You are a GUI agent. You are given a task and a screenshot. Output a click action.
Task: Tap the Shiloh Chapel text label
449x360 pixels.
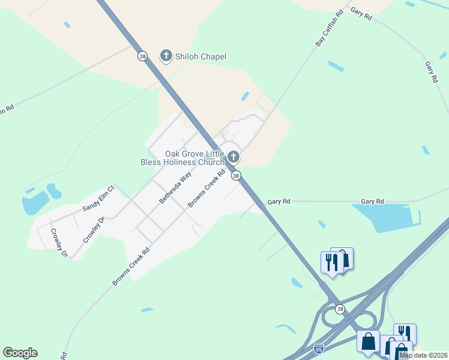pyautogui.click(x=200, y=56)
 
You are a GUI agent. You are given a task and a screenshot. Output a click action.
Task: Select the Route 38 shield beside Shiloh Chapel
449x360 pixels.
pyautogui.click(x=142, y=56)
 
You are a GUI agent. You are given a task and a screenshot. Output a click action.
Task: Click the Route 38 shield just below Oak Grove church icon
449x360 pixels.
pyautogui.click(x=237, y=175)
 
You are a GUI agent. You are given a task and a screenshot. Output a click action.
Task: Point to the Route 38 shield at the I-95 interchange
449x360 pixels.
pyautogui.click(x=340, y=308)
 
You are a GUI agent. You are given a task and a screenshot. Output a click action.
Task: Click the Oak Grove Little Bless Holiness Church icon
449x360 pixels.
pyautogui.click(x=234, y=157)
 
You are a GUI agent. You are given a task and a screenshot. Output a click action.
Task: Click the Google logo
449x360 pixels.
pyautogui.click(x=20, y=353)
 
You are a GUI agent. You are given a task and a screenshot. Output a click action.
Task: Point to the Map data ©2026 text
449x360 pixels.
pyautogui.click(x=423, y=355)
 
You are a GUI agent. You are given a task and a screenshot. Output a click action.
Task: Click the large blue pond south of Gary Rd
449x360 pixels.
pyautogui.click(x=384, y=217)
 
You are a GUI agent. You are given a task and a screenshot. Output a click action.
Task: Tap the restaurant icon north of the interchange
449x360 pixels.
pyautogui.click(x=330, y=262)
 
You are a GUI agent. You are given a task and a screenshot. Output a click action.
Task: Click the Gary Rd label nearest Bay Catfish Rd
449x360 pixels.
pyautogui.click(x=361, y=14)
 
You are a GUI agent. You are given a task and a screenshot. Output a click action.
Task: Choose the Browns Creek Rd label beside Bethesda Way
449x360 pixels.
pyautogui.click(x=206, y=188)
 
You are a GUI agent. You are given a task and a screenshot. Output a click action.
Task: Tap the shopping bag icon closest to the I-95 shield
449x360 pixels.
pyautogui.click(x=368, y=341)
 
